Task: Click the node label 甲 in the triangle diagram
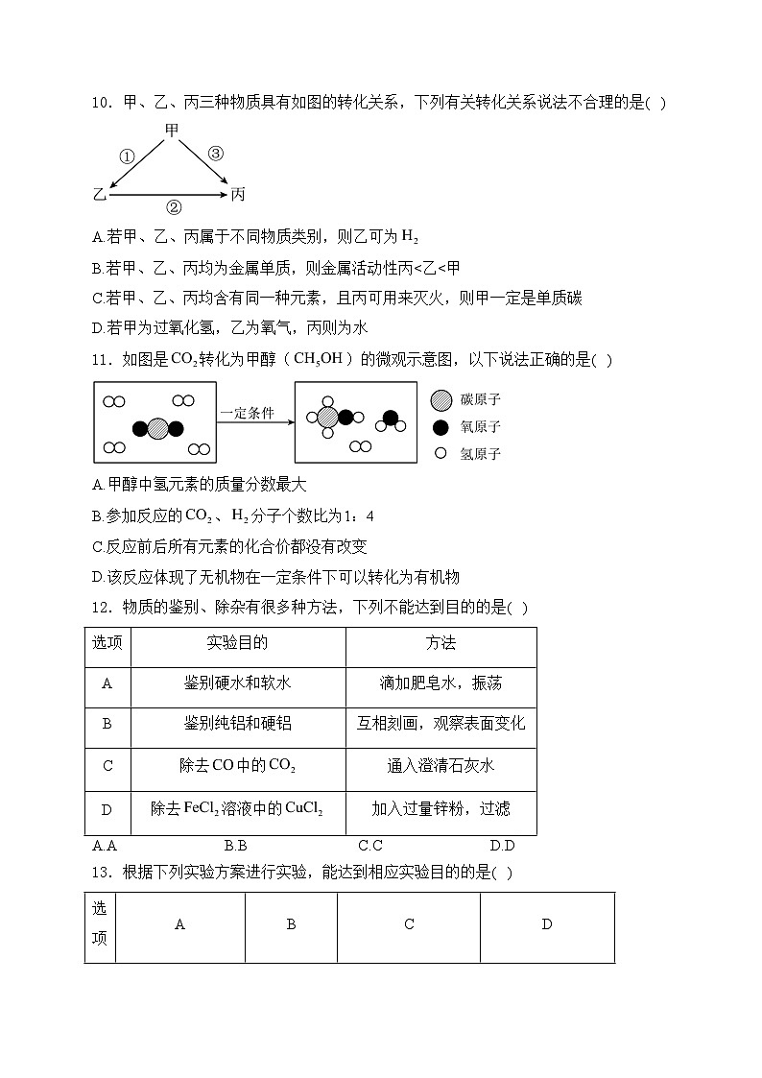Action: click(x=172, y=131)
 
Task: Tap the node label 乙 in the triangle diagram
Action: click(x=98, y=195)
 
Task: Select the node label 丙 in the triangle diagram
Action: click(x=238, y=195)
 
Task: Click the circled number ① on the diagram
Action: click(x=127, y=156)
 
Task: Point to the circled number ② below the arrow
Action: click(x=174, y=207)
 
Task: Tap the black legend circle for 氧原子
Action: click(x=441, y=427)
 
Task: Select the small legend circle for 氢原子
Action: click(x=441, y=453)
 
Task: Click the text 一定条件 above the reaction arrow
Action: click(x=247, y=413)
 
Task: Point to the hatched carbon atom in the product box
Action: click(x=328, y=417)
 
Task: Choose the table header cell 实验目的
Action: click(x=237, y=643)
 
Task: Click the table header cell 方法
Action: click(x=441, y=643)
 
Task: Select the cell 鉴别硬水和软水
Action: click(x=237, y=683)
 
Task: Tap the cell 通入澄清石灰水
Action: click(x=441, y=766)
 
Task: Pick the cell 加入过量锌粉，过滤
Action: click(x=441, y=809)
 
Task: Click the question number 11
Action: click(x=101, y=360)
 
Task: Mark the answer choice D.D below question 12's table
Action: click(x=502, y=846)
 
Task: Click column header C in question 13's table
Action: click(x=409, y=924)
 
